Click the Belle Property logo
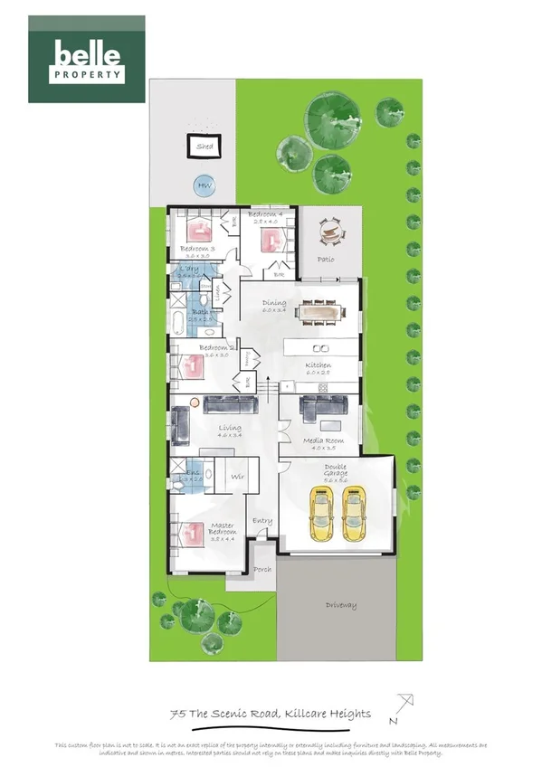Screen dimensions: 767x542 click(87, 59)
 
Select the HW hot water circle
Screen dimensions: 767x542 click(202, 186)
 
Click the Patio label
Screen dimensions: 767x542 click(326, 260)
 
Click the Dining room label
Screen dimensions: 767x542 click(274, 303)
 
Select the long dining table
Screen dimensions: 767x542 click(320, 313)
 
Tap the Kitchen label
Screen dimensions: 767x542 click(319, 365)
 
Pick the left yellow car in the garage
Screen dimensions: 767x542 click(321, 513)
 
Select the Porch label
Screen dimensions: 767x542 click(262, 570)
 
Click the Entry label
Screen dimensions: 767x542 click(262, 521)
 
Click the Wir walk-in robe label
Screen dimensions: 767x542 click(237, 476)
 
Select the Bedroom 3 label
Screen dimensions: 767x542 click(196, 248)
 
